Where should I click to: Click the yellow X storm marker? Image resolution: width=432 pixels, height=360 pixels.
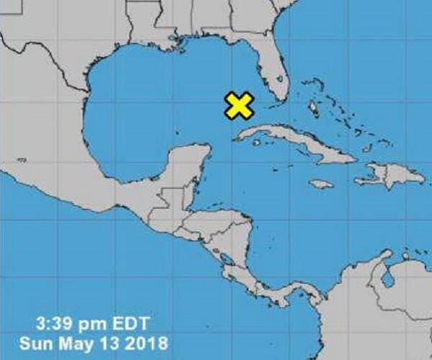click(x=238, y=105)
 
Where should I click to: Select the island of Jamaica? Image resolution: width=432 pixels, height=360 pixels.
click(x=322, y=184)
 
